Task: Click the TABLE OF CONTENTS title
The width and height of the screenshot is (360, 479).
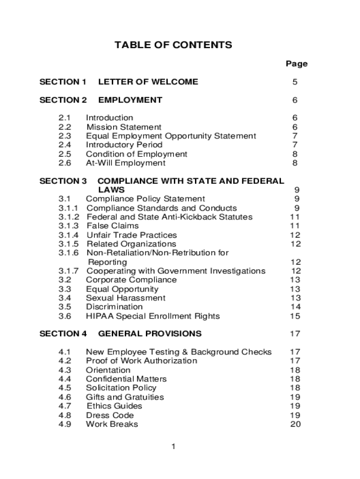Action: (x=173, y=45)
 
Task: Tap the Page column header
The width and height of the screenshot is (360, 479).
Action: (x=296, y=64)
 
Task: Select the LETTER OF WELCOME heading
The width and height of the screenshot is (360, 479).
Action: (x=148, y=82)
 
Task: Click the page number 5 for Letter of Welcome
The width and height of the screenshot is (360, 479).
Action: (x=295, y=82)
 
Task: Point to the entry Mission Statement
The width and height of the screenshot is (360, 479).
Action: (x=124, y=127)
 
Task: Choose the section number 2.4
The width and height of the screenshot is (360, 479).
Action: (x=65, y=145)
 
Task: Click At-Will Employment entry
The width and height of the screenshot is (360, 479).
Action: (x=125, y=163)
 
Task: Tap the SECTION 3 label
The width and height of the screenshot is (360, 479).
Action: (x=63, y=181)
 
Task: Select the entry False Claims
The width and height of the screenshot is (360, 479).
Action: (x=113, y=226)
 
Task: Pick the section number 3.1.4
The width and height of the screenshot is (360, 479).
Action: (x=69, y=235)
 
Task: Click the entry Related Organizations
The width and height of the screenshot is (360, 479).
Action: (x=131, y=244)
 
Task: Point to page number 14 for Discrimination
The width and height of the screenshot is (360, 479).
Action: (x=295, y=307)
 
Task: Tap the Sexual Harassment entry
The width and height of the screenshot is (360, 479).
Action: (x=125, y=298)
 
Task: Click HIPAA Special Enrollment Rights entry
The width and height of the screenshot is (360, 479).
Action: (x=152, y=316)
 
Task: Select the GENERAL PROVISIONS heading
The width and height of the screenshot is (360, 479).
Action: (x=150, y=334)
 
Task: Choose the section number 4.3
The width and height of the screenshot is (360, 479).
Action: (x=65, y=370)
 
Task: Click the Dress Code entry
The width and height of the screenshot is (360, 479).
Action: (x=109, y=415)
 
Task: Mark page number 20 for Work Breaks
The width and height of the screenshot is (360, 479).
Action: (x=295, y=424)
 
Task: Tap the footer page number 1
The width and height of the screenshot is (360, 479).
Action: (x=173, y=447)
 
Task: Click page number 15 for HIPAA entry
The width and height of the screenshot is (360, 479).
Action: (x=295, y=316)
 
